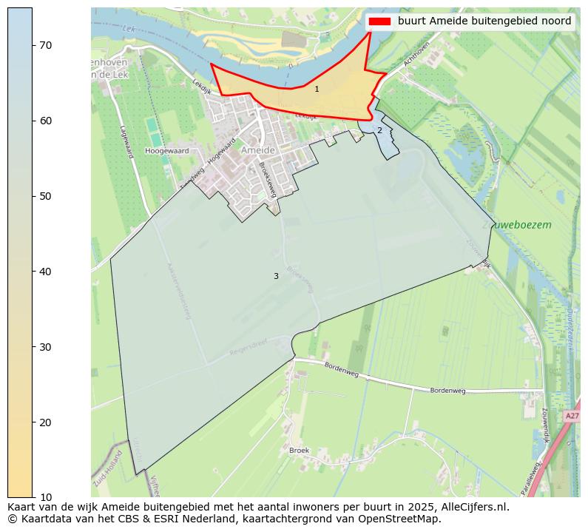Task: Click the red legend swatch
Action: [379, 21]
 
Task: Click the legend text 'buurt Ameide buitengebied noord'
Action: [484, 21]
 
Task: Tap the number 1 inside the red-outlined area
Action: [317, 89]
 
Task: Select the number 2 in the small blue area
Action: [379, 130]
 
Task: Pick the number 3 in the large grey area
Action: [276, 276]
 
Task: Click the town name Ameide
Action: [258, 150]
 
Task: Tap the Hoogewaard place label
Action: [166, 150]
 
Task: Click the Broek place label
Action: [300, 450]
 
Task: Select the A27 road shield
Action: [572, 417]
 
